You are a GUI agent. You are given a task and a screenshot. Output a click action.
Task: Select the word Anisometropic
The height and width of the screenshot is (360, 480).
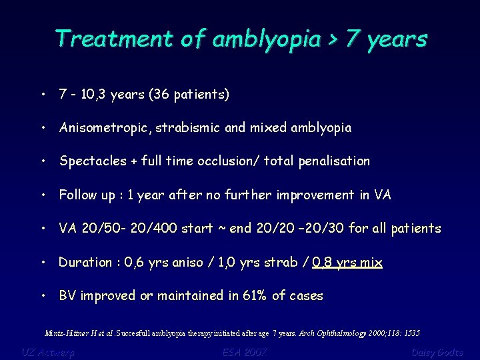click(98, 128)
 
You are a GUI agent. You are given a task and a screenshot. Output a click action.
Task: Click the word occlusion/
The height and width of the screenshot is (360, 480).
click(234, 161)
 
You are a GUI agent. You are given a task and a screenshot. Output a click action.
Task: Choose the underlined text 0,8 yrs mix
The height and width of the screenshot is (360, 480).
click(347, 262)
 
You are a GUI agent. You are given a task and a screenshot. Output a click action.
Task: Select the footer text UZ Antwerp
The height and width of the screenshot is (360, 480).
click(48, 351)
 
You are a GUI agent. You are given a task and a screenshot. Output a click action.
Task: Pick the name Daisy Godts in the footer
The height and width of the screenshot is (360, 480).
click(437, 351)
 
